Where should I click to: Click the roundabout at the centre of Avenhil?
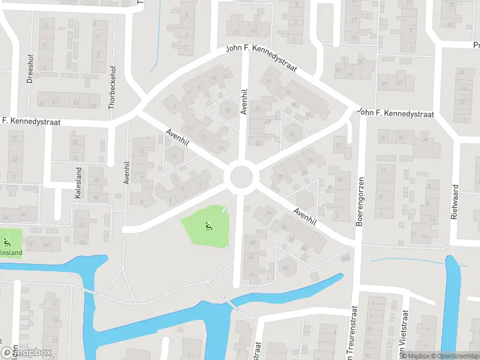tap(242, 176)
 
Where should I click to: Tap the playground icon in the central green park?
tap(208, 226)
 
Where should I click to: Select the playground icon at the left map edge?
tap(7, 242)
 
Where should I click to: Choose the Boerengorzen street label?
tap(361, 201)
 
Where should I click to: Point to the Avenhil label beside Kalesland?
tap(127, 172)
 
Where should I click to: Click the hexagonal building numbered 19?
tap(229, 110)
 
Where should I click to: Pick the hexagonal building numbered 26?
tap(292, 133)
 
